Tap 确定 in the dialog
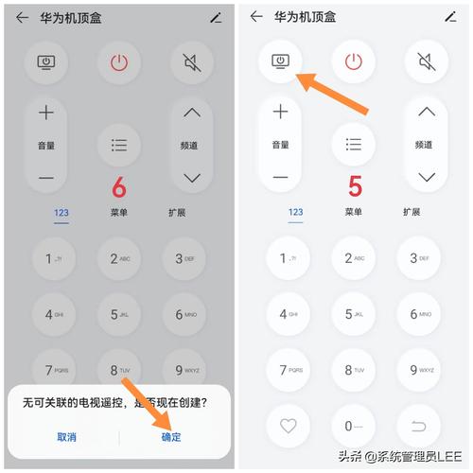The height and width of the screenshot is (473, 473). pos(171,436)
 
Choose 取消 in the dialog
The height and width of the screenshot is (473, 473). pos(66,436)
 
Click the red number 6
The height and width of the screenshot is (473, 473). pos(118,186)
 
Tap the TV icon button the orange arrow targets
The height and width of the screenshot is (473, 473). pos(280,61)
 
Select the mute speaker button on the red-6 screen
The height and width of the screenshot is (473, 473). pos(192,62)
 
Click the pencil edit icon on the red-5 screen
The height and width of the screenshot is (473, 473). pos(449,17)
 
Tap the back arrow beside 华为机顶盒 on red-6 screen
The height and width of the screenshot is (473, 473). pos(22,17)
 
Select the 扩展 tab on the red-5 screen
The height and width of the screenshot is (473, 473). pos(412,213)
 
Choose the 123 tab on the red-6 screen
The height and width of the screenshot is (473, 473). pos(61,213)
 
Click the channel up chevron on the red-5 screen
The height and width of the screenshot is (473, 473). pos(427,113)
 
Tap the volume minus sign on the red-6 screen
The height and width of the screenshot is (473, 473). pos(46,178)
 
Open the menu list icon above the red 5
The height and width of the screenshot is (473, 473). pos(354,145)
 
